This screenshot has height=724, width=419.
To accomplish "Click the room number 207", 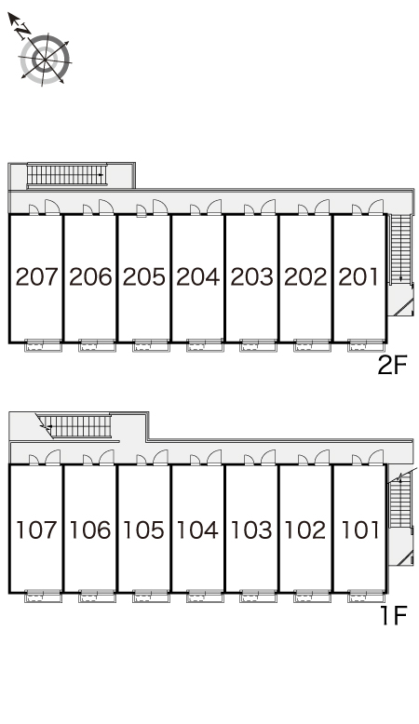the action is point(36,276).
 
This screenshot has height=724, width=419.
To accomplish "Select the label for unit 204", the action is point(197,276).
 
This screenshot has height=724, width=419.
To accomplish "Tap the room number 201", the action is point(359,276).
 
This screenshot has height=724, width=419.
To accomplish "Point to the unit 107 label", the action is point(36,530).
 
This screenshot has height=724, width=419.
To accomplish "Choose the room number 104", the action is point(197,530).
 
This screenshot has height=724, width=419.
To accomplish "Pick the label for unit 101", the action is point(359,530).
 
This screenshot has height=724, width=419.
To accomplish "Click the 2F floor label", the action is point(392,366).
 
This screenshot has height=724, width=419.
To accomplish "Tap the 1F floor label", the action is point(394,615).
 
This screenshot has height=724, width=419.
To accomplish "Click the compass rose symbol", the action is point(45,60).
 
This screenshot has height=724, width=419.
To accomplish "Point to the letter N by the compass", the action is point(21,31).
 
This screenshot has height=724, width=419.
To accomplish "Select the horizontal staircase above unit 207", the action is point(66,176).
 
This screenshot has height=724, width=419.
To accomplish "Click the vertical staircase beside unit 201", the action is point(400,248).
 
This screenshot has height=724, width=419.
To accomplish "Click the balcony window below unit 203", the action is point(258,346).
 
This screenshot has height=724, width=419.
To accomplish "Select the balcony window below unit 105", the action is point(151,597).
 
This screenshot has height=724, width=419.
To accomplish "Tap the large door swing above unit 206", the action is point(106,207).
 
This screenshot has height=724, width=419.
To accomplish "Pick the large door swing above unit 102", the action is point(322,458).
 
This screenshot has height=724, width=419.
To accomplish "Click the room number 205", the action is point(144,276).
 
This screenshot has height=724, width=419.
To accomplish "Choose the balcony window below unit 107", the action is point(43,597).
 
